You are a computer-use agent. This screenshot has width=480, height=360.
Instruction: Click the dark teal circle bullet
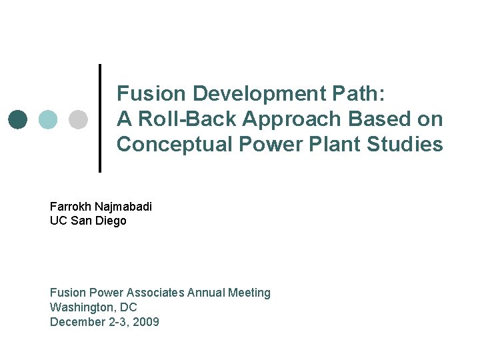pos(19,119)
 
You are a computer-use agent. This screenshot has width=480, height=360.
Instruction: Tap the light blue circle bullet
pos(48,119)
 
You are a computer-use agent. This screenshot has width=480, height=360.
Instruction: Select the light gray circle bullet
pos(78,119)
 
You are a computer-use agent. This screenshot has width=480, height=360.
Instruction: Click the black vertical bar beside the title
pos(100,118)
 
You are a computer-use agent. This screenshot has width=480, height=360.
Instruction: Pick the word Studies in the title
pos(408,144)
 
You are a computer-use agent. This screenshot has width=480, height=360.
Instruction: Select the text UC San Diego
pos(88,221)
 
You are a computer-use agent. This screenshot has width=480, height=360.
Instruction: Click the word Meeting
pos(249,293)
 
